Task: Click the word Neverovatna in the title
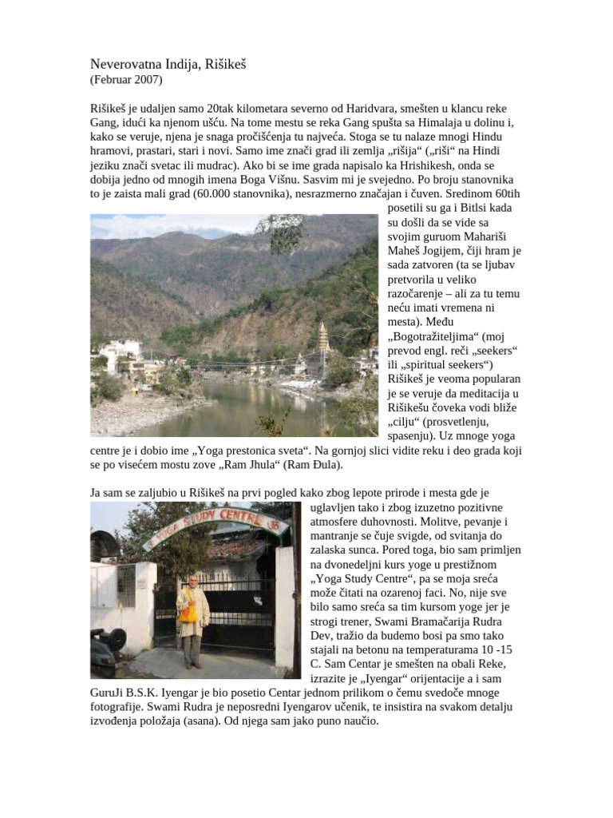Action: [126, 63]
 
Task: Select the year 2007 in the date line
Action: [147, 79]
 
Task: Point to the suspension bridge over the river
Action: [239, 368]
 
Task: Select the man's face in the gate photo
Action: [192, 582]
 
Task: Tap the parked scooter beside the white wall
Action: [108, 643]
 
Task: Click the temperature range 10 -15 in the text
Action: [495, 649]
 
